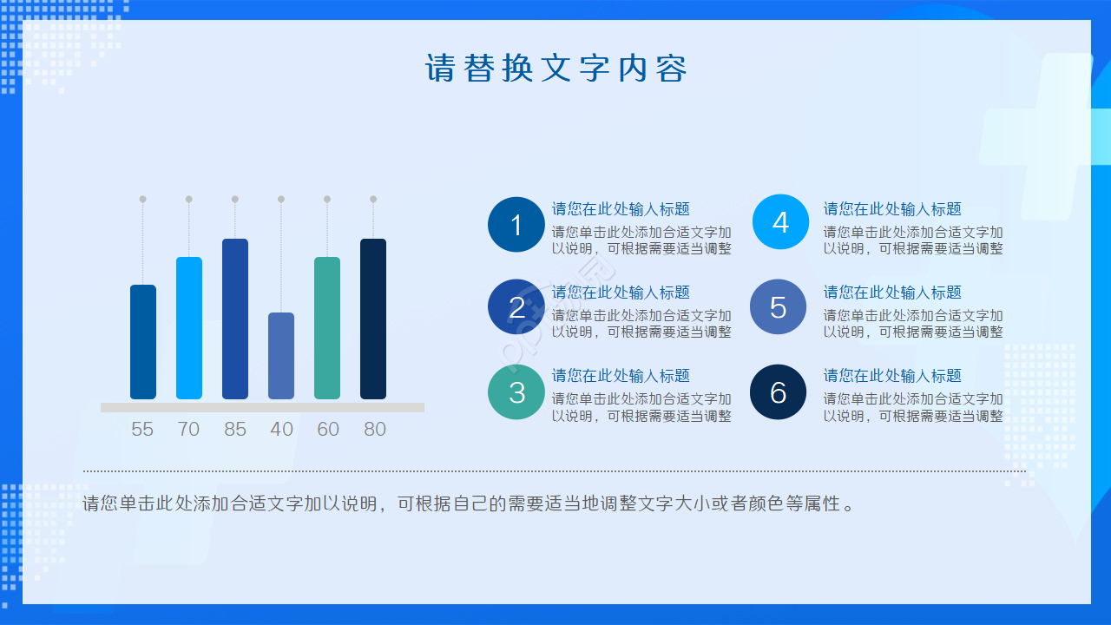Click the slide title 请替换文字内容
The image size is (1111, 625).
(x=555, y=68)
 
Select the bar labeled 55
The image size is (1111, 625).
(x=143, y=342)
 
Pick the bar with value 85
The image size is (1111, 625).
(x=235, y=319)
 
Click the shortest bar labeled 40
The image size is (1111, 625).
(x=281, y=356)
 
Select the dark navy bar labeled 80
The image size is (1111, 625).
(x=373, y=319)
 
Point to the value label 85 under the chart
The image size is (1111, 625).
(x=235, y=429)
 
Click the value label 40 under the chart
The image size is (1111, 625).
(x=281, y=429)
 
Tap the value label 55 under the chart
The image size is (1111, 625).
(x=142, y=429)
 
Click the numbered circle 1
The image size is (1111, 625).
(x=516, y=225)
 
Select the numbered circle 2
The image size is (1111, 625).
(x=516, y=307)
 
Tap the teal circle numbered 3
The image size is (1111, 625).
(x=516, y=392)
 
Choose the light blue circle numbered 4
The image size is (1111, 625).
(x=780, y=222)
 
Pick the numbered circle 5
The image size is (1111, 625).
(x=778, y=307)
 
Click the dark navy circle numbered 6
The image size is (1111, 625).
(x=778, y=392)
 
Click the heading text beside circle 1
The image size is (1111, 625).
(x=621, y=209)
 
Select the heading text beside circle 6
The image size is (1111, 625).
(x=892, y=376)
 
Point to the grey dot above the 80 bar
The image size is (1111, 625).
(x=373, y=199)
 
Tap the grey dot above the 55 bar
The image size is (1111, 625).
(x=143, y=199)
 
